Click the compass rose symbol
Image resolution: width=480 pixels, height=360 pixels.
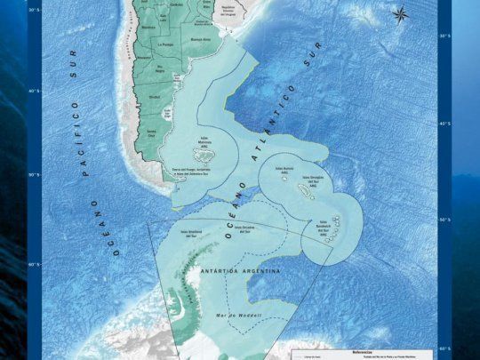coord(399,13)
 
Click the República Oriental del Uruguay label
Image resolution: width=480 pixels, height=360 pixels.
coord(231,10)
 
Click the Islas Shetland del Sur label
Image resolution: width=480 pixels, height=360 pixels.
coord(195,233)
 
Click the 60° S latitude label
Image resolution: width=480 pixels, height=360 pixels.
coord(34,264)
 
